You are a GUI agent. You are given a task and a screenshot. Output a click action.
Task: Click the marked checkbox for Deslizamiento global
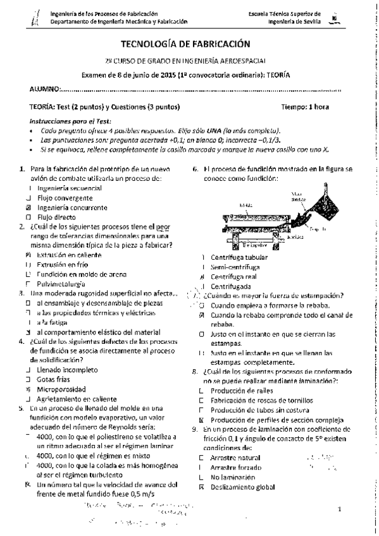[201, 487]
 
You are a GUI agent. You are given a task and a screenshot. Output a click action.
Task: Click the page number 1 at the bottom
[340, 509]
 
